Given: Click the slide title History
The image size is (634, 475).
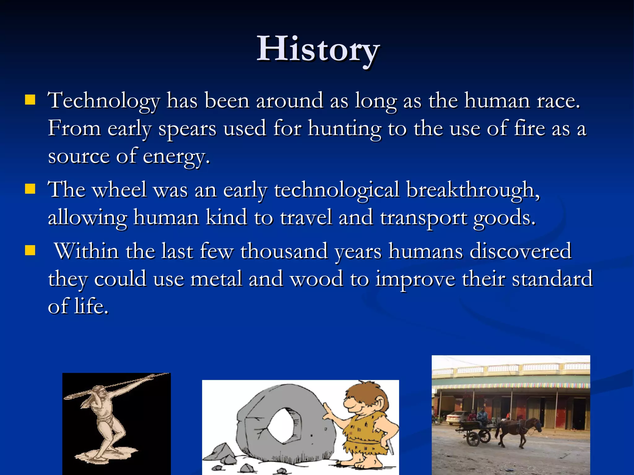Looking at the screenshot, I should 318,49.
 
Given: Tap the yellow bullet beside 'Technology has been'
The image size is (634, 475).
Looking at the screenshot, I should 30,100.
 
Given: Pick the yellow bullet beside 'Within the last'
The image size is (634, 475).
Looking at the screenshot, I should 30,250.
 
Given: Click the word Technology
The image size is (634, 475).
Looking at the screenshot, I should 104,101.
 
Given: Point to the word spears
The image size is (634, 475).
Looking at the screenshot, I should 187,129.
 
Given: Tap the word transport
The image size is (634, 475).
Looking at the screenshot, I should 423,218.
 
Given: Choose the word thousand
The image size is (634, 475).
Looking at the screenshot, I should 284,251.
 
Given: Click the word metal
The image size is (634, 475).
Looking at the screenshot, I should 216,279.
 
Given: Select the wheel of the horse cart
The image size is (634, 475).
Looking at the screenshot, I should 474,439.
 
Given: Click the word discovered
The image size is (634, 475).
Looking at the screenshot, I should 520,251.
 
